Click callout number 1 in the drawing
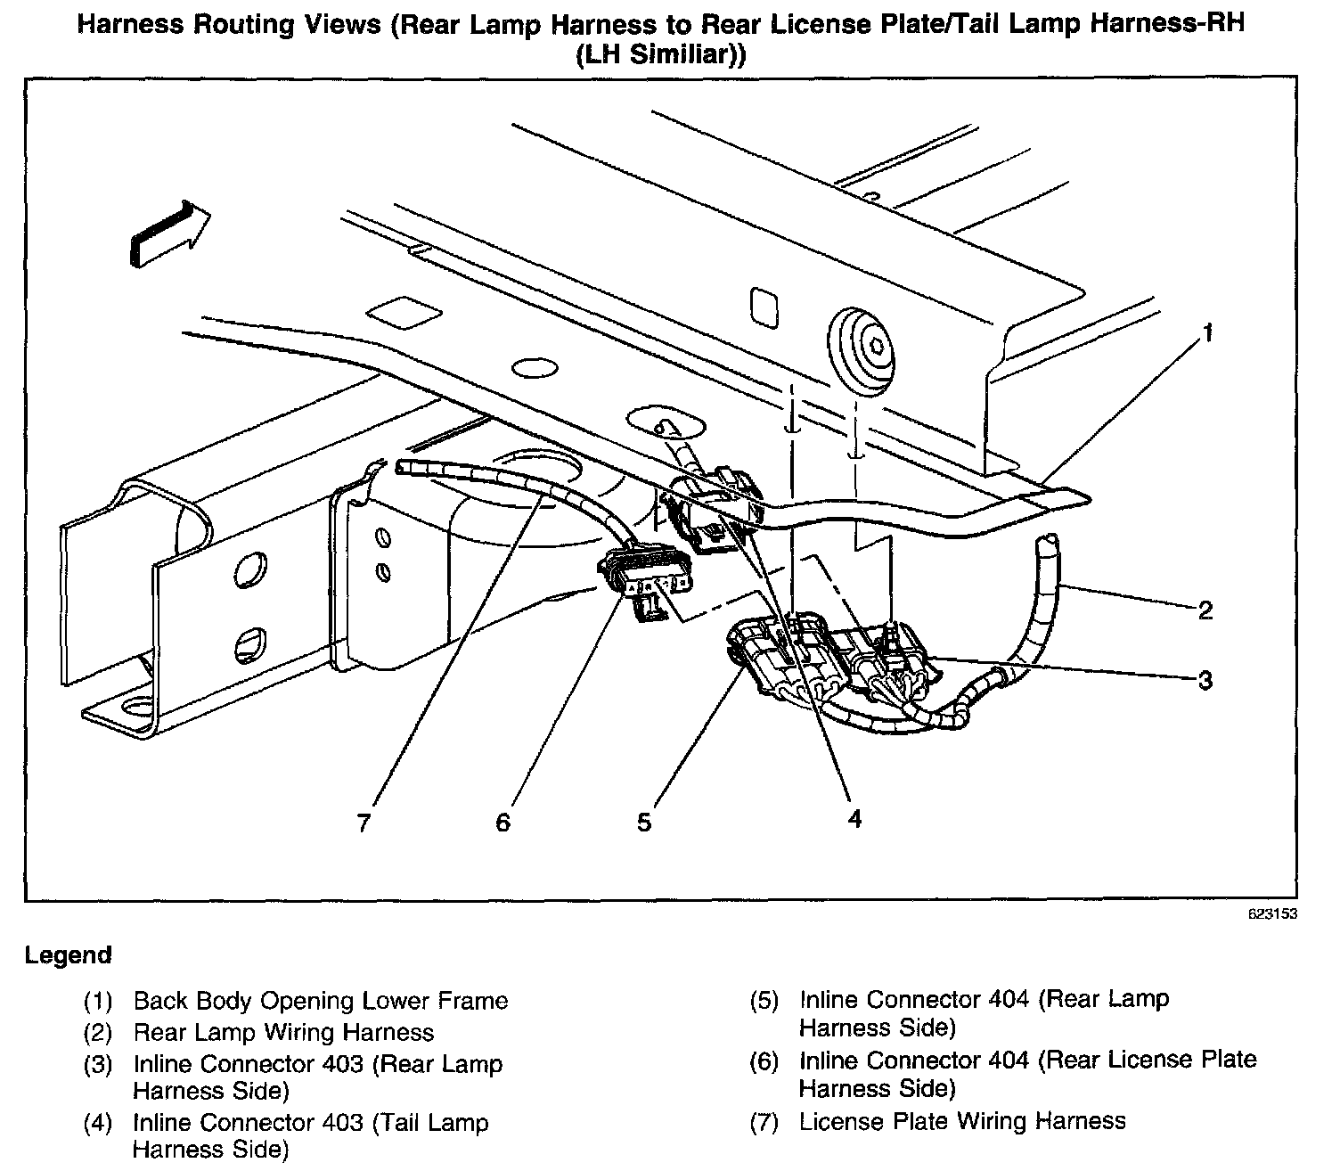click(x=1207, y=334)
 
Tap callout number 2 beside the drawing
click(x=1205, y=610)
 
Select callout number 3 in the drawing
click(x=1205, y=681)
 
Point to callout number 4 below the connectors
click(x=854, y=818)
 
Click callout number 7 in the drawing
click(x=363, y=822)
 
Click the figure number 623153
click(x=1272, y=914)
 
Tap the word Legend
click(x=69, y=955)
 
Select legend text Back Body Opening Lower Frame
click(x=321, y=1001)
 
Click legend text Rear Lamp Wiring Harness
click(x=283, y=1033)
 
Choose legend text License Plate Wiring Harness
click(x=962, y=1121)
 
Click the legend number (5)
click(x=764, y=1001)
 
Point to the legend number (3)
click(x=98, y=1065)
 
